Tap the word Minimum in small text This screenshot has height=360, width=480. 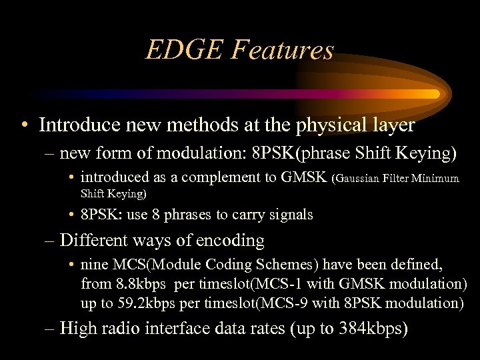[x=436, y=178]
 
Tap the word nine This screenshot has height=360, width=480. [x=94, y=265]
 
